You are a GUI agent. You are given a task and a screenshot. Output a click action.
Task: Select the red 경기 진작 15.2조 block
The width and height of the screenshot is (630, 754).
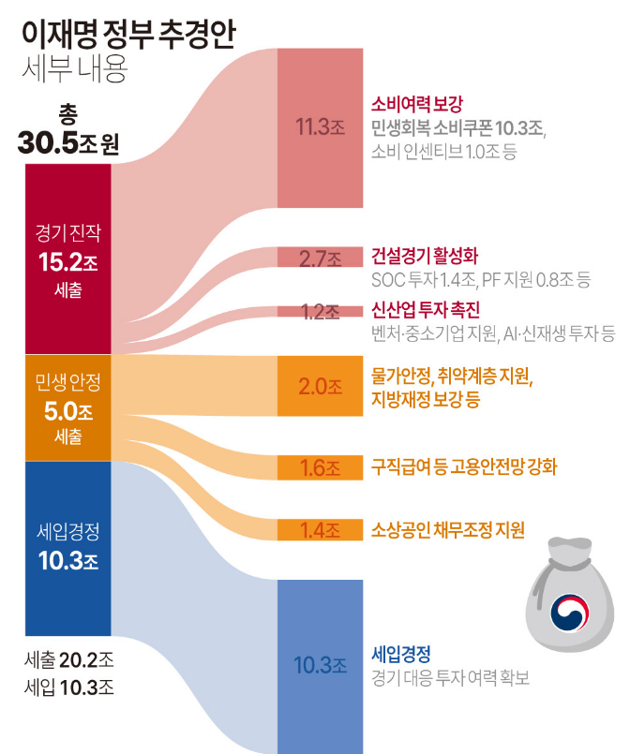point(68,259)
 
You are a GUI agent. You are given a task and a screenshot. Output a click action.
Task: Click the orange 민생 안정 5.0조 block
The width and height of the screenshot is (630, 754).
point(68,407)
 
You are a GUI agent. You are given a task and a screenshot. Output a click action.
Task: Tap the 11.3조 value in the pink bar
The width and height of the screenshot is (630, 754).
point(320,127)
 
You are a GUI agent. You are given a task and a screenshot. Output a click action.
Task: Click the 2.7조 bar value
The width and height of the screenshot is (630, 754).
point(320,259)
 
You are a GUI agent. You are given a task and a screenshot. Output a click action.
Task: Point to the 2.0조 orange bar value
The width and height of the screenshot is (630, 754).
point(320,388)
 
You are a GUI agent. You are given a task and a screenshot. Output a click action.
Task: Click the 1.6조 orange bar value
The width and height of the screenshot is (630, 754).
point(320,467)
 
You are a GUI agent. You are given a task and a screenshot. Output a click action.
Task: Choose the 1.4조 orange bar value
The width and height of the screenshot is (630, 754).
point(320,530)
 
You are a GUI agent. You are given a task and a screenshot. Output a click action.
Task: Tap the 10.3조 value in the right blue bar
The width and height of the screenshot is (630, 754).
point(320,666)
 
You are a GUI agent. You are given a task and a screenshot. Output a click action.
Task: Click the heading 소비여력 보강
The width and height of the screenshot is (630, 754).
point(418,103)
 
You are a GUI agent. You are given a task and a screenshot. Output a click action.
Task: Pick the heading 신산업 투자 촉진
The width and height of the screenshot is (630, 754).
point(426,309)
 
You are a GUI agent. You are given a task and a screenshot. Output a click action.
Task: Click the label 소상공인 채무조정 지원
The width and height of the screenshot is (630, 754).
point(447,530)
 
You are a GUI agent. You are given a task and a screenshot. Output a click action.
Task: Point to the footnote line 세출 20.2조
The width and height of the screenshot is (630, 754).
point(68,659)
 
